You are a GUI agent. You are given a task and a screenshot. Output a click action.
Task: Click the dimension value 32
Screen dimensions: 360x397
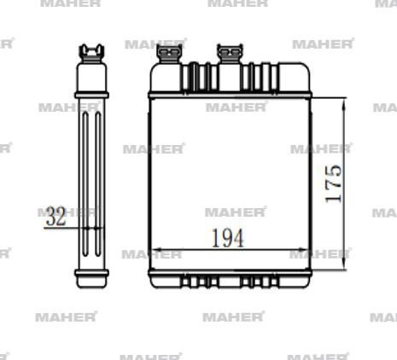pyautogui.click(x=56, y=217)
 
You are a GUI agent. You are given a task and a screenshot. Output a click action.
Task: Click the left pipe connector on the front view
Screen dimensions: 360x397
pyautogui.click(x=169, y=55)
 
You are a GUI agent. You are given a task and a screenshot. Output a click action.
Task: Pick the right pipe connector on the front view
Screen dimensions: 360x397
pyautogui.click(x=230, y=55)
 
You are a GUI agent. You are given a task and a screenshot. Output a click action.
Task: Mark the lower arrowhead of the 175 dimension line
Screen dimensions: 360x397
pyautogui.click(x=344, y=264)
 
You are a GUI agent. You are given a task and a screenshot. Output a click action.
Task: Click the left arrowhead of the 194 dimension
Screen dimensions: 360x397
pyautogui.click(x=154, y=253)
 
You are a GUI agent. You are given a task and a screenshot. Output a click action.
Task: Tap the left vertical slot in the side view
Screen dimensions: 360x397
pyautogui.click(x=85, y=179)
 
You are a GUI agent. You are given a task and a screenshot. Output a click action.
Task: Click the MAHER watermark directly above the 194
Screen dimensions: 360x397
pyautogui.click(x=236, y=212)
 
